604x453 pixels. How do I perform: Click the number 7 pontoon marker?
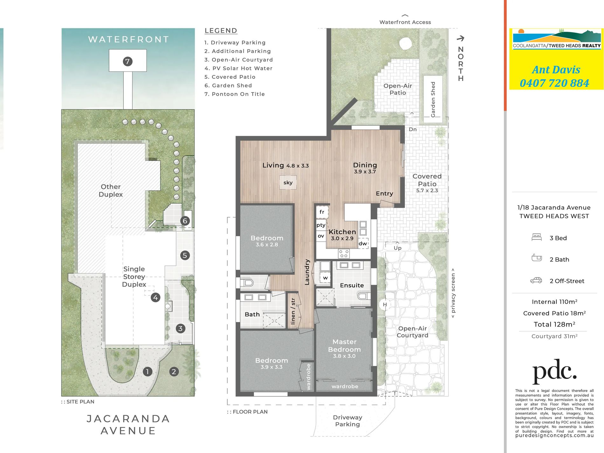pyautogui.click(x=127, y=61)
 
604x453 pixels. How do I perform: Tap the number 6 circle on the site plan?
pyautogui.click(x=185, y=221)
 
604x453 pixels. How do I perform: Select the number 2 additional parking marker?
pyautogui.click(x=174, y=371)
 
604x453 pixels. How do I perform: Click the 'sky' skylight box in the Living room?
pyautogui.click(x=288, y=182)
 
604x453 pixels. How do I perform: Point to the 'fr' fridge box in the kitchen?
pyautogui.click(x=322, y=212)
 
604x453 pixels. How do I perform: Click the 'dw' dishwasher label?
pyautogui.click(x=363, y=244)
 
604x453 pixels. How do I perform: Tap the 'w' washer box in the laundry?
pyautogui.click(x=325, y=278)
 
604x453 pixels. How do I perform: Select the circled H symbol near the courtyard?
pyautogui.click(x=385, y=305)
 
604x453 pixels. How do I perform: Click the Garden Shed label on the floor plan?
pyautogui.click(x=433, y=99)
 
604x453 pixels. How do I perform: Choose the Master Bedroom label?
pyautogui.click(x=345, y=346)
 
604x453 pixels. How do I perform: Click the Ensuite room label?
pyautogui.click(x=352, y=285)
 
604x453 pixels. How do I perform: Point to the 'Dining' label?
pyautogui.click(x=365, y=165)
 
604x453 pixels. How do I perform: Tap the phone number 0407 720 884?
pyautogui.click(x=554, y=83)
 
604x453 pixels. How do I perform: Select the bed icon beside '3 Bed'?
pyautogui.click(x=537, y=237)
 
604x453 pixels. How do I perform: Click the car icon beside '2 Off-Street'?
pyautogui.click(x=536, y=280)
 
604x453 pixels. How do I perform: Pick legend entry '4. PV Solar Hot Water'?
pyautogui.click(x=238, y=68)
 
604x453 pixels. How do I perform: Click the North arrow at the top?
pyautogui.click(x=461, y=38)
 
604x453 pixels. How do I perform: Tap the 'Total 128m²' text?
pyautogui.click(x=554, y=324)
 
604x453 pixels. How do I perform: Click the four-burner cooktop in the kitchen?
pyautogui.click(x=344, y=253)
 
